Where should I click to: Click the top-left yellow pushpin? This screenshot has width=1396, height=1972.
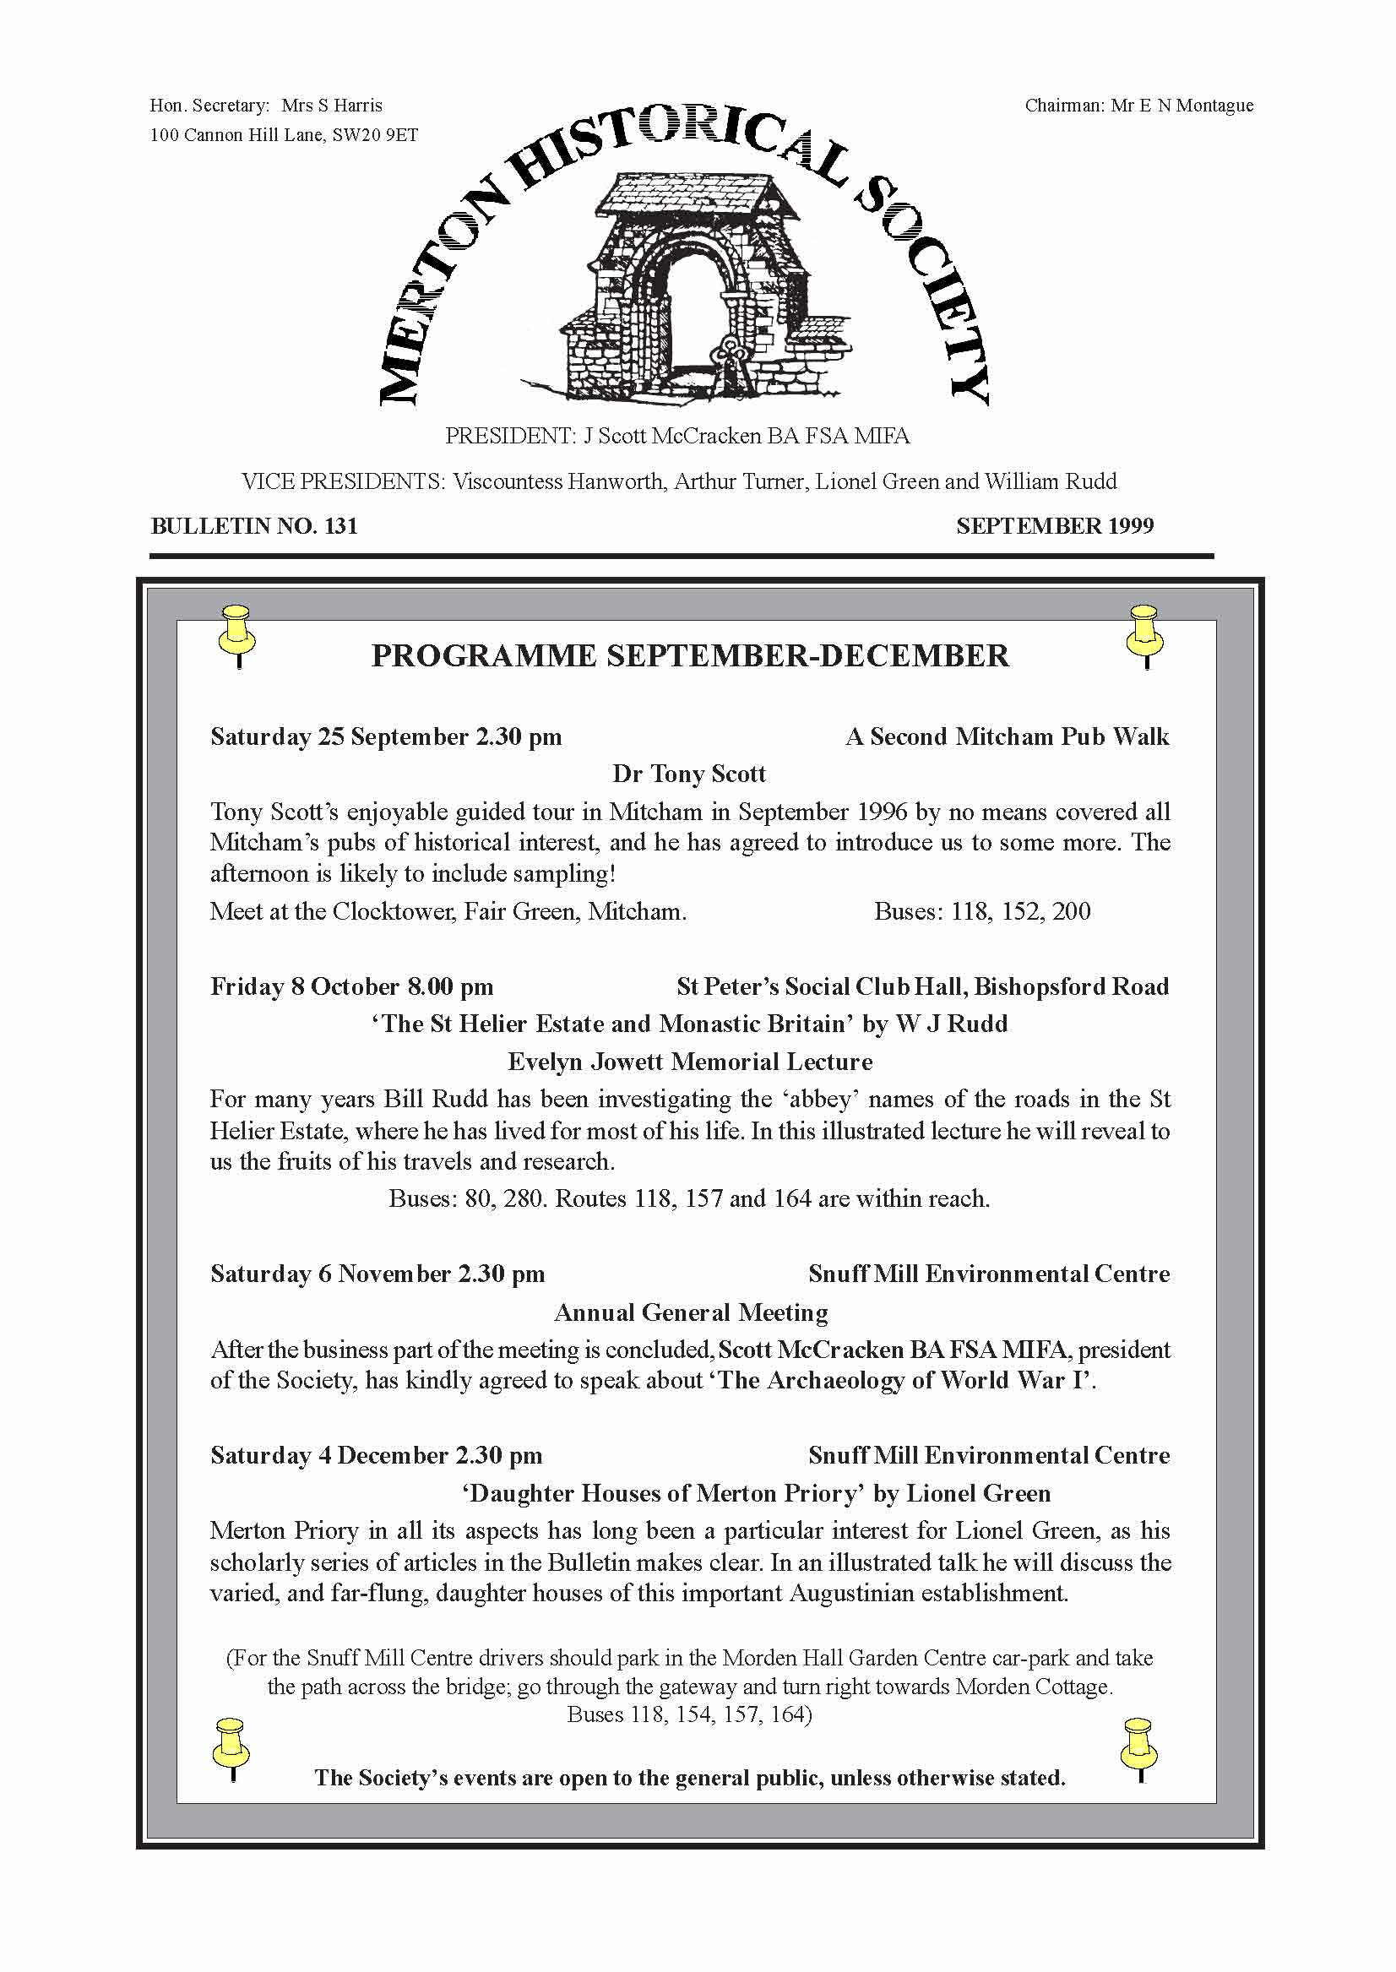click(236, 633)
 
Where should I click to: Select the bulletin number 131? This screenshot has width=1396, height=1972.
click(340, 526)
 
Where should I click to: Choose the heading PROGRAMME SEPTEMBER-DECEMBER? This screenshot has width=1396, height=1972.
click(689, 656)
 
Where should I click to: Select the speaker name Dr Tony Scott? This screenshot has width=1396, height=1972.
click(688, 774)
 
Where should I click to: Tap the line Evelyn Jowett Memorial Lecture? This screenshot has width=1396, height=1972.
click(689, 1062)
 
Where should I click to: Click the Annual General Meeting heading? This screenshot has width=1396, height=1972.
click(690, 1312)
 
